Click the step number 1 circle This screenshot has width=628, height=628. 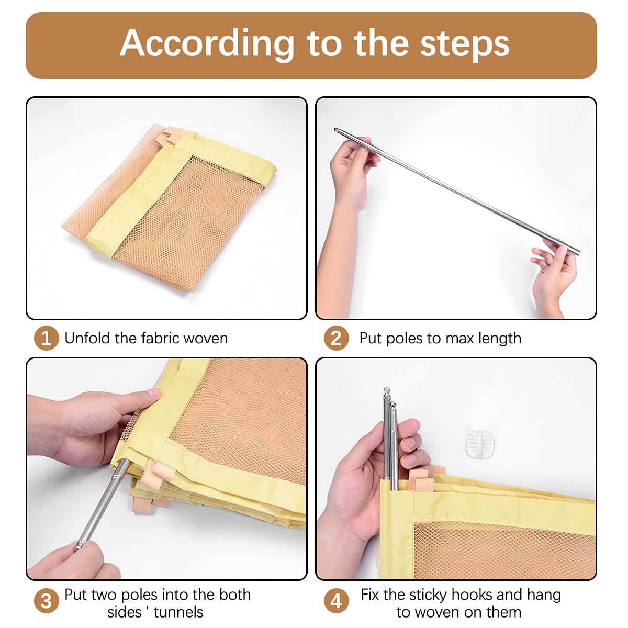pyautogui.click(x=46, y=338)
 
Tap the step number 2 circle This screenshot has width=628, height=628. pyautogui.click(x=337, y=338)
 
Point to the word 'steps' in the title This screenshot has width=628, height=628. pyautogui.click(x=465, y=45)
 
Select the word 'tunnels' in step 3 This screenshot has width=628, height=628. pyautogui.click(x=178, y=612)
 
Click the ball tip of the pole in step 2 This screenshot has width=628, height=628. pyautogui.click(x=335, y=130)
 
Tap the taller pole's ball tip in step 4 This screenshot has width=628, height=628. pyautogui.click(x=387, y=390)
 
